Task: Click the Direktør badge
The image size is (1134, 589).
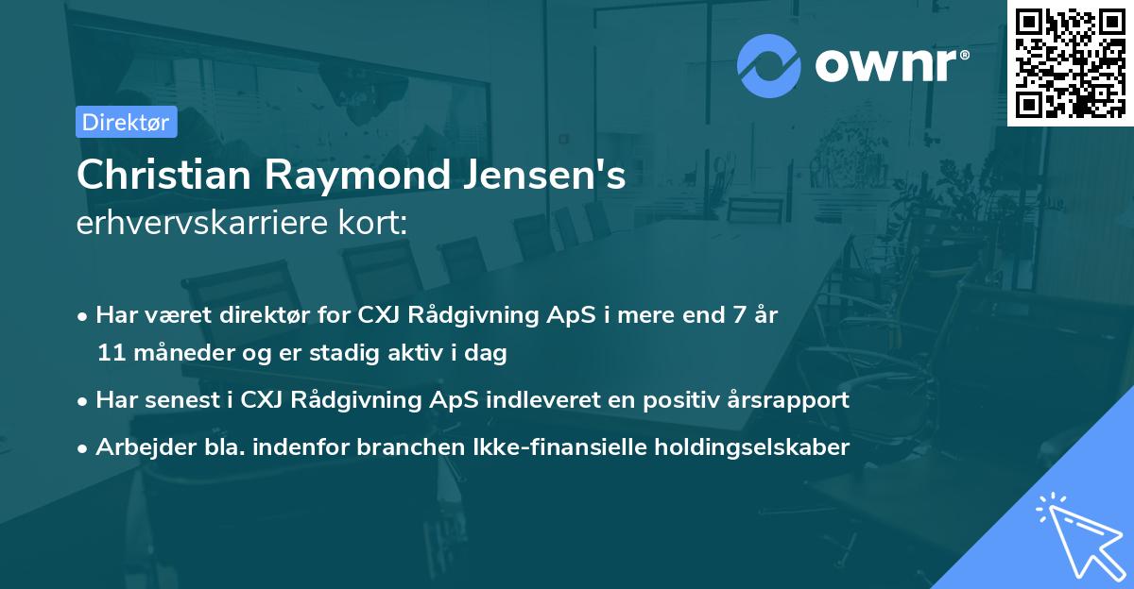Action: point(126,122)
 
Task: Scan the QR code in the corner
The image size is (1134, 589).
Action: point(1070,62)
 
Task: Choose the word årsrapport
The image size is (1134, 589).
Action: point(797,400)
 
